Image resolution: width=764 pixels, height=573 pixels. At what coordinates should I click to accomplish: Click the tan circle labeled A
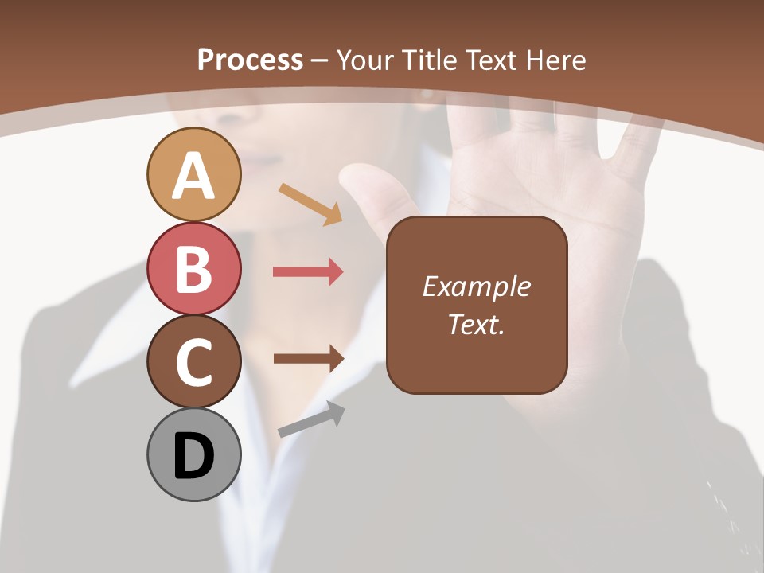193,174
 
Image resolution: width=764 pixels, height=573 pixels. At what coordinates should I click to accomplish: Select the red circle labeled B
193,268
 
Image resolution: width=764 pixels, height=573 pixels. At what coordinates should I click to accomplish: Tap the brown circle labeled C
193,361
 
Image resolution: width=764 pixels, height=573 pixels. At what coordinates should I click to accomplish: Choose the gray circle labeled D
193,454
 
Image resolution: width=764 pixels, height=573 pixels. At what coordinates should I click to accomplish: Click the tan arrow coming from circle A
310,204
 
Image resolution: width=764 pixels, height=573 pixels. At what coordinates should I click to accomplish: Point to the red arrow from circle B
308,272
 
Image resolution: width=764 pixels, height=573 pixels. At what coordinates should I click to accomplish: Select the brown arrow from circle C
308,358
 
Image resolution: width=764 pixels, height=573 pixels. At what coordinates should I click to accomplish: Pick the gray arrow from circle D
311,420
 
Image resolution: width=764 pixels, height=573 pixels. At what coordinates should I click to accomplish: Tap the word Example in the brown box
476,286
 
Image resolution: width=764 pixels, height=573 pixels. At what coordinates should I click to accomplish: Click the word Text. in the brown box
476,324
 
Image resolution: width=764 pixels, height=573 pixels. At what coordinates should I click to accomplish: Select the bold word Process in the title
250,60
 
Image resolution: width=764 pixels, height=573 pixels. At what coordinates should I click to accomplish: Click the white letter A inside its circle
193,176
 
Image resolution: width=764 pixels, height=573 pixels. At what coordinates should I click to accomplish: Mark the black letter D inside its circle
193,456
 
